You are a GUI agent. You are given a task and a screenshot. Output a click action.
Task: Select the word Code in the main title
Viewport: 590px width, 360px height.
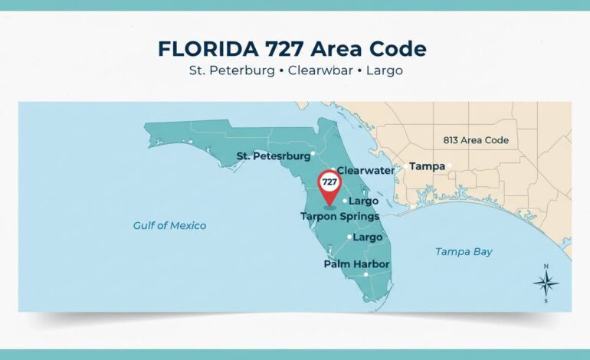click(x=398, y=48)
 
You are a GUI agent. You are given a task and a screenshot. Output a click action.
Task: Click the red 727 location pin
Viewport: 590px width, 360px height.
click(x=329, y=184)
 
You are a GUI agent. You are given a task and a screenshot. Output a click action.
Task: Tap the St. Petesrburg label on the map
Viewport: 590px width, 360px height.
click(x=273, y=155)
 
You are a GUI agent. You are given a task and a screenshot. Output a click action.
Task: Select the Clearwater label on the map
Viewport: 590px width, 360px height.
click(x=365, y=170)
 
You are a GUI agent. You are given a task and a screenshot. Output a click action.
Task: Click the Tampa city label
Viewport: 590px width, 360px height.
click(x=427, y=165)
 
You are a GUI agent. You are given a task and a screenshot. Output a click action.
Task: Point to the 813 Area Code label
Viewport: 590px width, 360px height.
click(x=476, y=140)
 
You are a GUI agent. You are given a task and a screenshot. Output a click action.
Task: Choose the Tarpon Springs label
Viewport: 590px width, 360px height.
click(x=339, y=217)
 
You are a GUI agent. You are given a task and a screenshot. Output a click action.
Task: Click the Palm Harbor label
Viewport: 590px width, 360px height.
click(x=356, y=264)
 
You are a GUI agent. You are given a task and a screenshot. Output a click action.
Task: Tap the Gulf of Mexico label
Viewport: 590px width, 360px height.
click(x=169, y=225)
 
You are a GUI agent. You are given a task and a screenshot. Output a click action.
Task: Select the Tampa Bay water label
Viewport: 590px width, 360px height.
click(x=464, y=251)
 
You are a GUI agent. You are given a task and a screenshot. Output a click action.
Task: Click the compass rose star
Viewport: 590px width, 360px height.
click(x=546, y=284)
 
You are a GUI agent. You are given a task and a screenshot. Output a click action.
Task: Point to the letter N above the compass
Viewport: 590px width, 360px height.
click(x=546, y=267)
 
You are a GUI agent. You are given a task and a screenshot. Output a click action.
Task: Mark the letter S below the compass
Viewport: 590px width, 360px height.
click(x=546, y=301)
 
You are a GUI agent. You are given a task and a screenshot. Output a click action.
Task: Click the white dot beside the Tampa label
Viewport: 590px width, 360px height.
click(x=451, y=165)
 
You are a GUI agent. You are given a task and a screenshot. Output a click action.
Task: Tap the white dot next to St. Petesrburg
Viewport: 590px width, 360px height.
click(x=313, y=154)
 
